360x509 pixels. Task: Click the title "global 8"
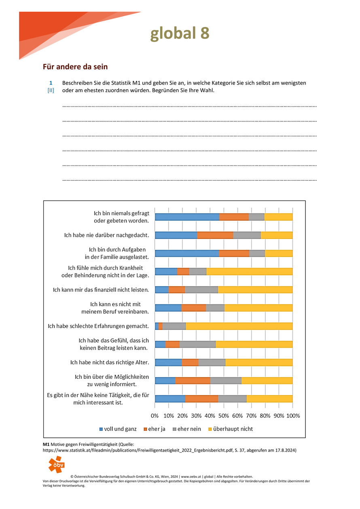pyautogui.click(x=180, y=34)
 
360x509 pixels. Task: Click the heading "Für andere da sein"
pyautogui.click(x=75, y=67)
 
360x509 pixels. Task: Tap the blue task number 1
pyautogui.click(x=51, y=83)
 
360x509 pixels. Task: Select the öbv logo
pyautogui.click(x=56, y=464)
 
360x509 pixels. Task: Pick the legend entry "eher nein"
pyautogui.click(x=186, y=429)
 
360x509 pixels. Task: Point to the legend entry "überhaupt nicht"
pyautogui.click(x=230, y=429)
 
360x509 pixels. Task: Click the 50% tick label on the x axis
pyautogui.click(x=224, y=416)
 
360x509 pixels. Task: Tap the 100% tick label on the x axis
pyautogui.click(x=292, y=416)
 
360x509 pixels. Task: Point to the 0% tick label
pyautogui.click(x=155, y=416)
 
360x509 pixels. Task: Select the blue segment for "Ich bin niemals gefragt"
pyautogui.click(x=187, y=217)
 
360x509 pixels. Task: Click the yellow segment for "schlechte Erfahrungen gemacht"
pyautogui.click(x=239, y=326)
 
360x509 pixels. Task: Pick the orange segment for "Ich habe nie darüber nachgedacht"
pyautogui.click(x=215, y=235)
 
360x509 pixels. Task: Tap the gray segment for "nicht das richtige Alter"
pyautogui.click(x=212, y=362)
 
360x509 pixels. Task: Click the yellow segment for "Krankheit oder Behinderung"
pyautogui.click(x=249, y=271)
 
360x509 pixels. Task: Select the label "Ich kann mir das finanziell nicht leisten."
pyautogui.click(x=101, y=290)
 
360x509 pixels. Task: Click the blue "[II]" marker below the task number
pyautogui.click(x=51, y=91)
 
